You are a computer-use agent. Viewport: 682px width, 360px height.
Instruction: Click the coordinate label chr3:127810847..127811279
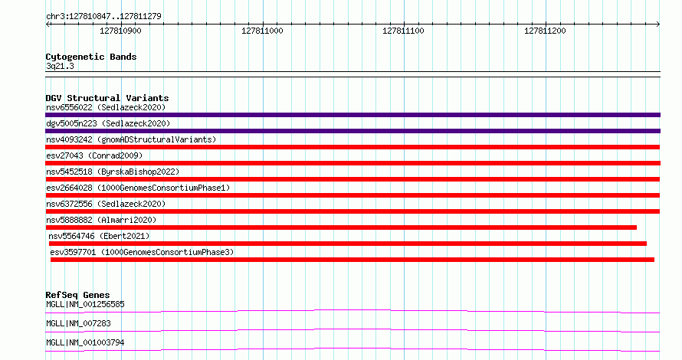point(103,16)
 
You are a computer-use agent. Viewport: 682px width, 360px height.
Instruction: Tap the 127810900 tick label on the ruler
point(120,31)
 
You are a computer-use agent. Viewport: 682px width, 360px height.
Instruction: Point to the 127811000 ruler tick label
point(262,31)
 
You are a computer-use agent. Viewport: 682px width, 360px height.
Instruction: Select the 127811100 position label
point(403,31)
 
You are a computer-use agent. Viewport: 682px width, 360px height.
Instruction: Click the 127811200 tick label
point(545,31)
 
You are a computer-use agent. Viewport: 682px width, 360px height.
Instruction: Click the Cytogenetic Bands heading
point(91,57)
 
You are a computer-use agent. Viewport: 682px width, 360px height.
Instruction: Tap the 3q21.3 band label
point(60,66)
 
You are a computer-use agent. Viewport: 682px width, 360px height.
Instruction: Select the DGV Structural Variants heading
point(107,98)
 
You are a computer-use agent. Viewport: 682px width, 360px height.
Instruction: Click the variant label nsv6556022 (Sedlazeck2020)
point(106,107)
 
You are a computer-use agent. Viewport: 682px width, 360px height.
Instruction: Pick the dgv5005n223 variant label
point(108,123)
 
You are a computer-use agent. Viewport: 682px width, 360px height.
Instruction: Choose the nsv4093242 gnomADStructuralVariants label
point(131,139)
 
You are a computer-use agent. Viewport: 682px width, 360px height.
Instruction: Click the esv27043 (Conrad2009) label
point(94,155)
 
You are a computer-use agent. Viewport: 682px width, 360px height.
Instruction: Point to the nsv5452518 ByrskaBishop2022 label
point(113,172)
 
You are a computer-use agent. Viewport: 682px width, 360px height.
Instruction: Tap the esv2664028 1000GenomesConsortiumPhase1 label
point(138,188)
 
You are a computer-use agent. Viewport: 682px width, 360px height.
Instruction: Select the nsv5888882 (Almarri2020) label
point(101,220)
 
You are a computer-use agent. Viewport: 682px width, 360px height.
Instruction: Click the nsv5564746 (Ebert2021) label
point(99,236)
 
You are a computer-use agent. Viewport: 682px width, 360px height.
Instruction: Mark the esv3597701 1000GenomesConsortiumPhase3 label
point(142,252)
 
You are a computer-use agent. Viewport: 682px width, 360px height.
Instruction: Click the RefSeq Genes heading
point(77,295)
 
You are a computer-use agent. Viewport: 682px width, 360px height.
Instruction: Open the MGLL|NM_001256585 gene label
point(85,304)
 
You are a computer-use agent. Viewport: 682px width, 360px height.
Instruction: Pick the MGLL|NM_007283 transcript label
point(78,323)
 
